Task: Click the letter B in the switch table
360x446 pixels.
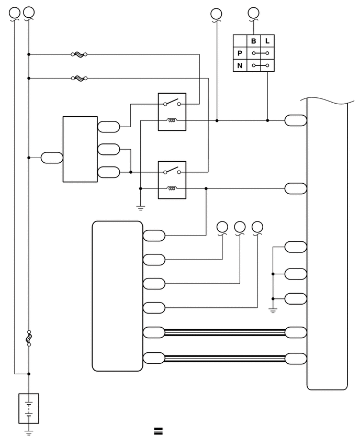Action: (x=253, y=41)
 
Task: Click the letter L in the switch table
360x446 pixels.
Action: (x=267, y=41)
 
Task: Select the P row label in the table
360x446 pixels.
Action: (x=240, y=53)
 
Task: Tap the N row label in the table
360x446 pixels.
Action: (x=240, y=66)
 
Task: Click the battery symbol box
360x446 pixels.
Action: (x=29, y=408)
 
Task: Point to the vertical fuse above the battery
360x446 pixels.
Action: (x=29, y=338)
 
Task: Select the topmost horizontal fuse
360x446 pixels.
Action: (x=79, y=54)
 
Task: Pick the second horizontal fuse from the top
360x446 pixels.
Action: (x=79, y=78)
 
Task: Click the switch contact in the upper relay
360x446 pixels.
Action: (x=172, y=103)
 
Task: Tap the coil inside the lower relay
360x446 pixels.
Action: (x=172, y=188)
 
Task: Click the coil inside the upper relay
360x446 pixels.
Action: (x=172, y=120)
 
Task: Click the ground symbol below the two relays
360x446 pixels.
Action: (x=140, y=208)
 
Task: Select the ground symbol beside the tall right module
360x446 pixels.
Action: (x=273, y=310)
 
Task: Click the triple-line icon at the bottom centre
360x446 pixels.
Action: (x=159, y=431)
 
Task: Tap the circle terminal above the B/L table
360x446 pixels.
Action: (x=253, y=13)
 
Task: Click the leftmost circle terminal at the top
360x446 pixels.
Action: (x=15, y=13)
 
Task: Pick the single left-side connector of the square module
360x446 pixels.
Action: (x=52, y=158)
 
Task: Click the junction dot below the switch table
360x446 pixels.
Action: (x=267, y=120)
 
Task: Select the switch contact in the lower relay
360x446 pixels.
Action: (x=172, y=171)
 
